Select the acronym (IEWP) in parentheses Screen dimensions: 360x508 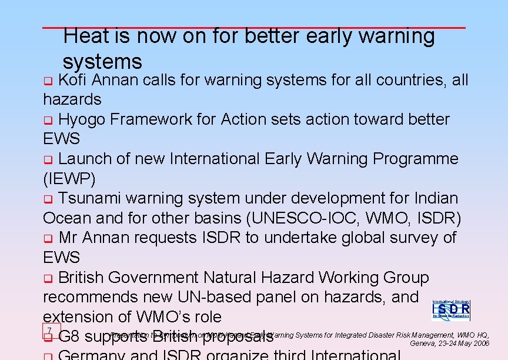tap(69, 179)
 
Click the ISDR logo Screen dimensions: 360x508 tap(451, 309)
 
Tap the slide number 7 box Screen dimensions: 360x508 tap(51, 331)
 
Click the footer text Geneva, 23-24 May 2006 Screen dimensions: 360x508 tap(449, 344)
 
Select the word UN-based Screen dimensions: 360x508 tap(223, 297)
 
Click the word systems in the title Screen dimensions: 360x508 tap(102, 62)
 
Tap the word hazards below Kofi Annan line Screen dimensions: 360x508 tap(72, 99)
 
